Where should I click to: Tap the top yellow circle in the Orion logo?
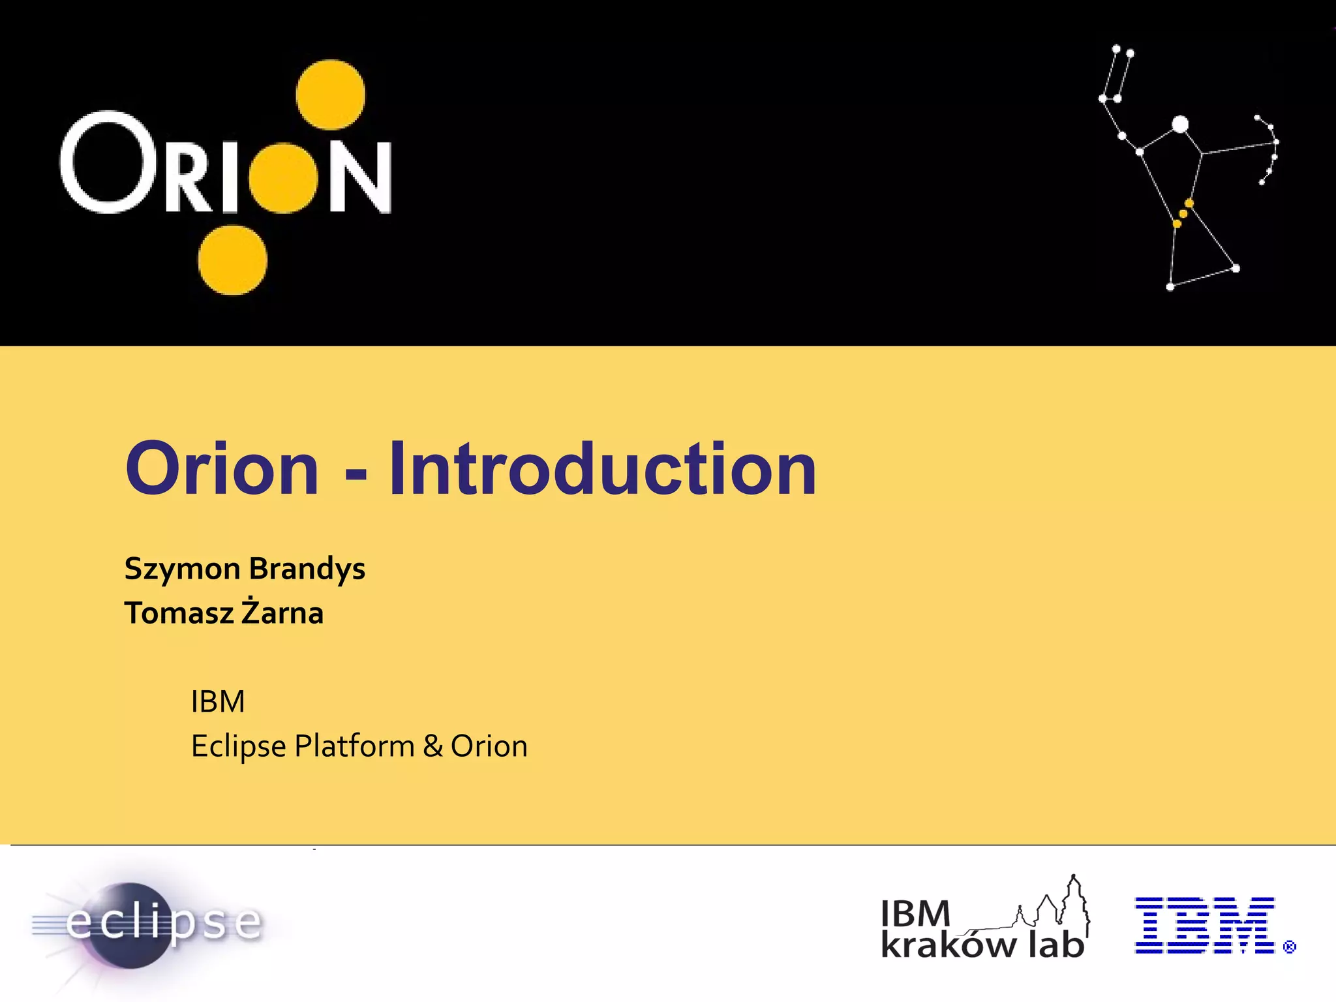330,95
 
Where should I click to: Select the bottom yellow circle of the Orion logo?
233,260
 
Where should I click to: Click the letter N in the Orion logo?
360,177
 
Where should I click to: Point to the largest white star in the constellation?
1180,125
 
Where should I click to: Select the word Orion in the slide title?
222,468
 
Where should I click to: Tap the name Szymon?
182,569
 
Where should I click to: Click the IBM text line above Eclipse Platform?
218,702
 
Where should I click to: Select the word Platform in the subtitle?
354,746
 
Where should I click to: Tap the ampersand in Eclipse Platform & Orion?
433,746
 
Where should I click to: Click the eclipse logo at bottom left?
147,922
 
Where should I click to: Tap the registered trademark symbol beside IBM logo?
1289,947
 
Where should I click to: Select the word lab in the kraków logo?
1057,944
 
